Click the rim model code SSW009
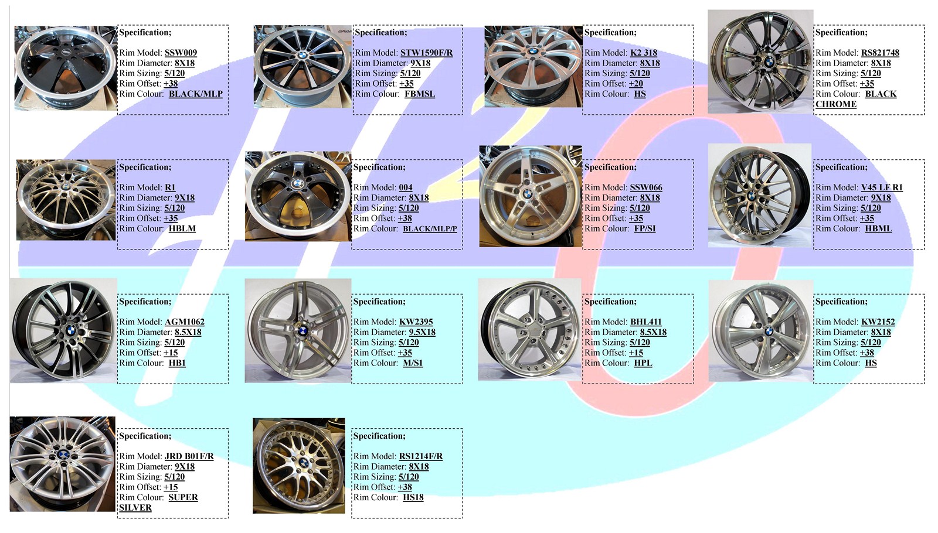[x=181, y=53]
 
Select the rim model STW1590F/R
[x=426, y=53]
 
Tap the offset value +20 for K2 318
[x=636, y=84]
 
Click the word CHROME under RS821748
[x=836, y=104]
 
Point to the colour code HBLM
[x=182, y=229]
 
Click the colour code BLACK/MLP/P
[x=430, y=229]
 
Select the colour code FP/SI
[x=645, y=229]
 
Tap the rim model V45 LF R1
[x=882, y=187]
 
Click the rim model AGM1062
[x=185, y=322]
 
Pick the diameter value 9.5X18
[x=422, y=332]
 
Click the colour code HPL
[x=643, y=363]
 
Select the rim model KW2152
[x=878, y=322]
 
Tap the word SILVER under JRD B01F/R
[x=135, y=508]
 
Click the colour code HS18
[x=413, y=498]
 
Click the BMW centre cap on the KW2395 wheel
[x=303, y=331]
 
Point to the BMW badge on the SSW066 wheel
[x=527, y=194]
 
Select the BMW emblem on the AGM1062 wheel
[x=72, y=331]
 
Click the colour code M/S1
[x=413, y=363]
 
